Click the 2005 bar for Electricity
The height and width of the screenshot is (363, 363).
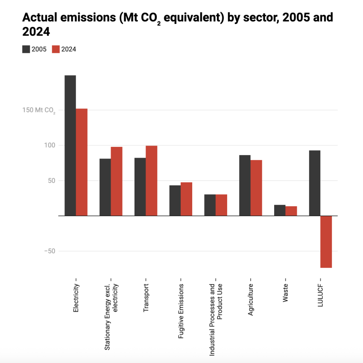point(70,145)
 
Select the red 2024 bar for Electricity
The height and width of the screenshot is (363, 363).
point(82,162)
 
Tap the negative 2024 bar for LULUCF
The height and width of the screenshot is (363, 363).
point(326,242)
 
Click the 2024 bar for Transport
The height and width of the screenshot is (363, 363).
point(151,181)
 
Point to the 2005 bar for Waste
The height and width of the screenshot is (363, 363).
point(280,210)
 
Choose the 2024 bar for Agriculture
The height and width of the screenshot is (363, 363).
point(256,188)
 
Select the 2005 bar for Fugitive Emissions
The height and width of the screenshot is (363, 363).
point(175,200)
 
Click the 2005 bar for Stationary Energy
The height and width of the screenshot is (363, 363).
point(105,187)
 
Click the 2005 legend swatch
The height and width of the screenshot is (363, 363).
point(26,49)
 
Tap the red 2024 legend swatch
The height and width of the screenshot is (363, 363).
point(56,49)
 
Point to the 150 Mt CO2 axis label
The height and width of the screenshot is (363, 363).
point(39,110)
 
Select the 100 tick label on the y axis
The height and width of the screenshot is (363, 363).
point(50,145)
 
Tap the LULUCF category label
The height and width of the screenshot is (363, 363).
point(320,297)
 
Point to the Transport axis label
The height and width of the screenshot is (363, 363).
point(146,298)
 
